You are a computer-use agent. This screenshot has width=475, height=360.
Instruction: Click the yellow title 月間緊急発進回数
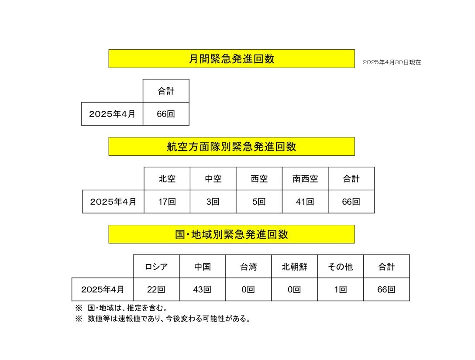231,59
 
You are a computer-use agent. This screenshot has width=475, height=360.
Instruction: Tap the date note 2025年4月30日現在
392,62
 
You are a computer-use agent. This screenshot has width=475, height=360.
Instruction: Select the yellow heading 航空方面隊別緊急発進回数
231,147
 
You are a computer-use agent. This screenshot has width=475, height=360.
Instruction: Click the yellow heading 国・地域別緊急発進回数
231,234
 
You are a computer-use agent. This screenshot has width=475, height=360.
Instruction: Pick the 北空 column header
167,178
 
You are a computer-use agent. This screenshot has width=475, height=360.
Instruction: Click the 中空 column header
213,178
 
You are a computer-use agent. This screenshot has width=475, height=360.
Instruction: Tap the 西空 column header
259,178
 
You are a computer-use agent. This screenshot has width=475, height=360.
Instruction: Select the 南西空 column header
305,178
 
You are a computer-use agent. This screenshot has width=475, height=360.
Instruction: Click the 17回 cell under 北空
167,202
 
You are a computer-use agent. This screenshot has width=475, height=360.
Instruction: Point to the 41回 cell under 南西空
305,202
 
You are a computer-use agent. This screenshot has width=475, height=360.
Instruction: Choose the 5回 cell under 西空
259,202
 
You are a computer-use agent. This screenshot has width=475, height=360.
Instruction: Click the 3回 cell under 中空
213,202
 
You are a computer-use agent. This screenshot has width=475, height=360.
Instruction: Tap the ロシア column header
156,267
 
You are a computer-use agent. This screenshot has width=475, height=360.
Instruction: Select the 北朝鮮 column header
294,267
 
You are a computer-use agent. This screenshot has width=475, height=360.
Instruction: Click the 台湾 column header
248,267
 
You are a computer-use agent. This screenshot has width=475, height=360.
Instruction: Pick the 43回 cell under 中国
202,289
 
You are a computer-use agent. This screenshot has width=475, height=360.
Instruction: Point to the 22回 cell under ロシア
156,289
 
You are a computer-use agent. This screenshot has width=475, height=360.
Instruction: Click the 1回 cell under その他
340,289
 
